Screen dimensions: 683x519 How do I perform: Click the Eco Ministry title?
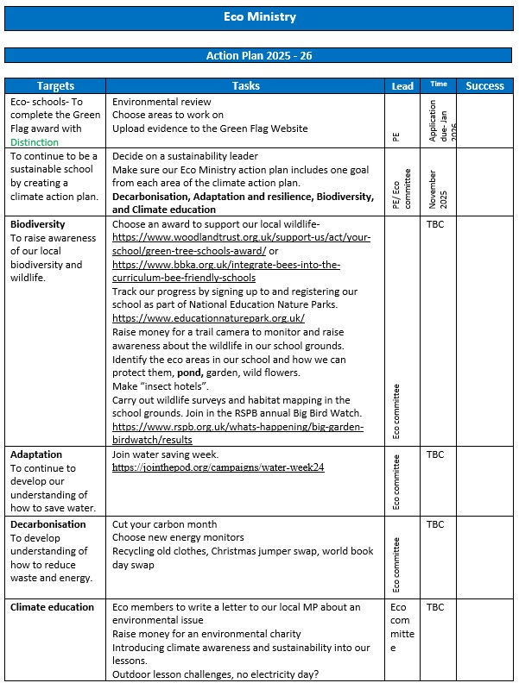[259, 16]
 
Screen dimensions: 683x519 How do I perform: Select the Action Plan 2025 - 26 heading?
[259, 55]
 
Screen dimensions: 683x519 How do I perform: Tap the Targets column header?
[56, 85]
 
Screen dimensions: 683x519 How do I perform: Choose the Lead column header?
[402, 85]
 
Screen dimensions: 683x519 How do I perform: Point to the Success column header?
[484, 85]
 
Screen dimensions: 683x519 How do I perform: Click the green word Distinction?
[35, 142]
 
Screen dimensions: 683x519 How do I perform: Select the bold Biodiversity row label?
[40, 224]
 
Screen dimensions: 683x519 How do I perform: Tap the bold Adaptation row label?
[36, 454]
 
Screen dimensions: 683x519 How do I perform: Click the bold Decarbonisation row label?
[48, 524]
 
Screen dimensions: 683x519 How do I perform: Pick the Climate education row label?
[52, 607]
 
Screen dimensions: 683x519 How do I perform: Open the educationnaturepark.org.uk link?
[208, 318]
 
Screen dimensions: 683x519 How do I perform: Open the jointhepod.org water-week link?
[218, 467]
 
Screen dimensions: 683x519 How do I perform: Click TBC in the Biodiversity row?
[435, 224]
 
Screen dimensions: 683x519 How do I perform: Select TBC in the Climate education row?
[435, 607]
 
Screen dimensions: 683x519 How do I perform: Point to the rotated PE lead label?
[396, 136]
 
